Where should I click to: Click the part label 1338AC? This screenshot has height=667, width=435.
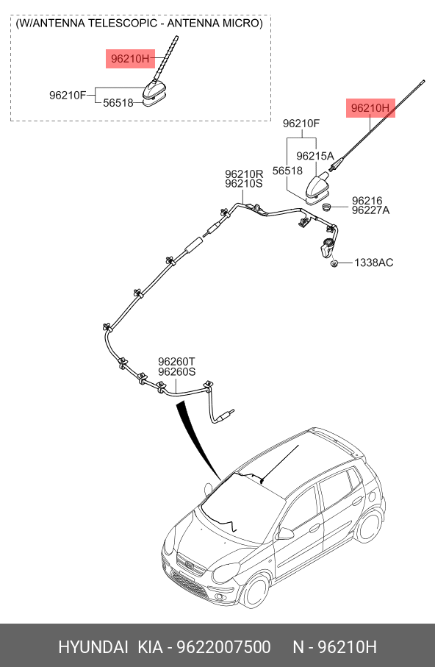pyautogui.click(x=374, y=263)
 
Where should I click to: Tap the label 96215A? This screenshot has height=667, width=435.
pyautogui.click(x=315, y=156)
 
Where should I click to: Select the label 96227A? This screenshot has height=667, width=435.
pyautogui.click(x=370, y=210)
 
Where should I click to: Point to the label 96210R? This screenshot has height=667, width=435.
pyautogui.click(x=244, y=174)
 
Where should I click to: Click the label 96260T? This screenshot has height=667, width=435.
pyautogui.click(x=177, y=362)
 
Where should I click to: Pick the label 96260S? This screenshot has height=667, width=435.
pyautogui.click(x=177, y=372)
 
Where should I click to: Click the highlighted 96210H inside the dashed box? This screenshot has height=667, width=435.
pyautogui.click(x=130, y=59)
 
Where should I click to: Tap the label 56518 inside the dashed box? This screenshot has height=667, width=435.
pyautogui.click(x=118, y=102)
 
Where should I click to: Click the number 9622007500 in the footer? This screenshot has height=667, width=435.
pyautogui.click(x=223, y=647)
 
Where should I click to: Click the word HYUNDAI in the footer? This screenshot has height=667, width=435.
pyautogui.click(x=93, y=647)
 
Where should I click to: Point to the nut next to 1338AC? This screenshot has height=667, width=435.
pyautogui.click(x=334, y=264)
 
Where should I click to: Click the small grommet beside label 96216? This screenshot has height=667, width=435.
pyautogui.click(x=326, y=208)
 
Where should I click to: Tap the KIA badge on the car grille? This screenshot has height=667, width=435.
pyautogui.click(x=189, y=566)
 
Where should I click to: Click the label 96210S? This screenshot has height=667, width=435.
pyautogui.click(x=244, y=184)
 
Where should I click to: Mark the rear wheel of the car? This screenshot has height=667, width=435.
pyautogui.click(x=370, y=527)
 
